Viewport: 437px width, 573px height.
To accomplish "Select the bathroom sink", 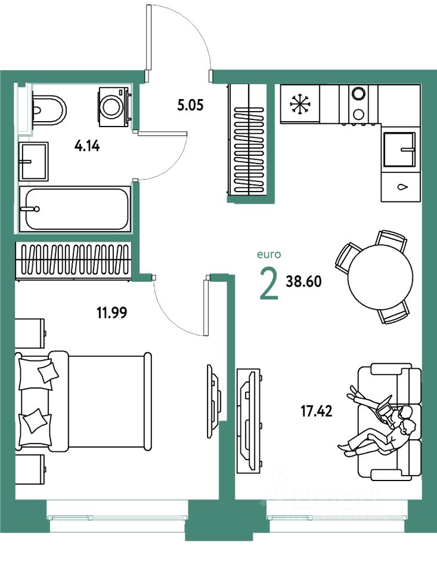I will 34,161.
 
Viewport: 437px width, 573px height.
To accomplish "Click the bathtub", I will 75,209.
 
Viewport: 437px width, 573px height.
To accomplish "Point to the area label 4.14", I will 86,144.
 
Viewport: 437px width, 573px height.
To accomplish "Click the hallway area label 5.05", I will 190,106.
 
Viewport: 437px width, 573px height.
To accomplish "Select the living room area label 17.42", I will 317,410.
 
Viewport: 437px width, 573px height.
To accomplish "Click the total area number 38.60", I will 303,282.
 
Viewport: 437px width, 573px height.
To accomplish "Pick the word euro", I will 268,254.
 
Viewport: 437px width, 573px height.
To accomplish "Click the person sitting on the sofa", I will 382,427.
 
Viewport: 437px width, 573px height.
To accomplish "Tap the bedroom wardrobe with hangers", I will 76,260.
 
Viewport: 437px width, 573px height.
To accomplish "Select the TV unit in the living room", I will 247,421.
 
